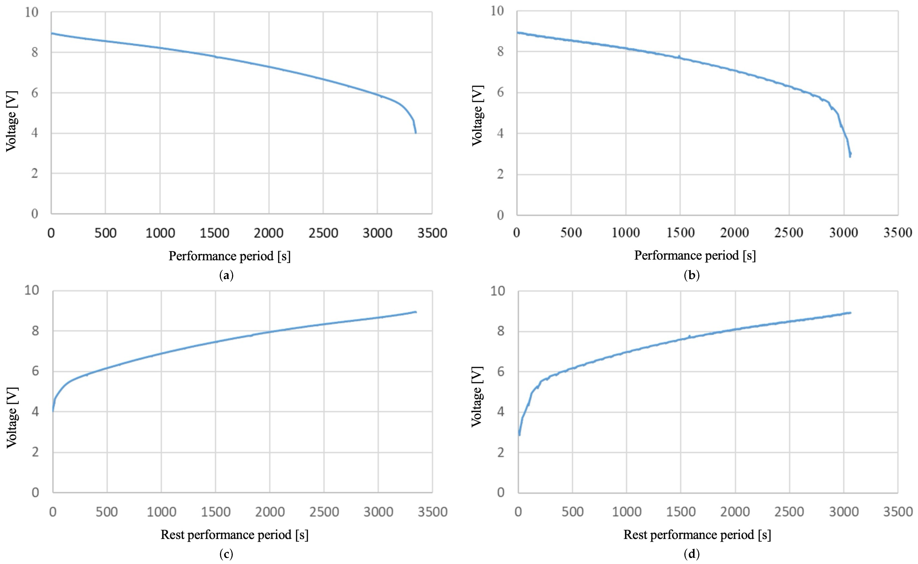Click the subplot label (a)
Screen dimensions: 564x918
point(227,276)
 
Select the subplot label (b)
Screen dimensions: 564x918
point(692,276)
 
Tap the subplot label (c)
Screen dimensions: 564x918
point(227,554)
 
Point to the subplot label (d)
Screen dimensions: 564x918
point(692,554)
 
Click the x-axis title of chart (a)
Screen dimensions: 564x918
point(229,256)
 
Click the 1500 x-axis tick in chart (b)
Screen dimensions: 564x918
point(680,233)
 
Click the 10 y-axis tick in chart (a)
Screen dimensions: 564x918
point(32,12)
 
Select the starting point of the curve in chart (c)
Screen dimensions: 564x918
point(53,411)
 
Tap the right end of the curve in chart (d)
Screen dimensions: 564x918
point(850,313)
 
